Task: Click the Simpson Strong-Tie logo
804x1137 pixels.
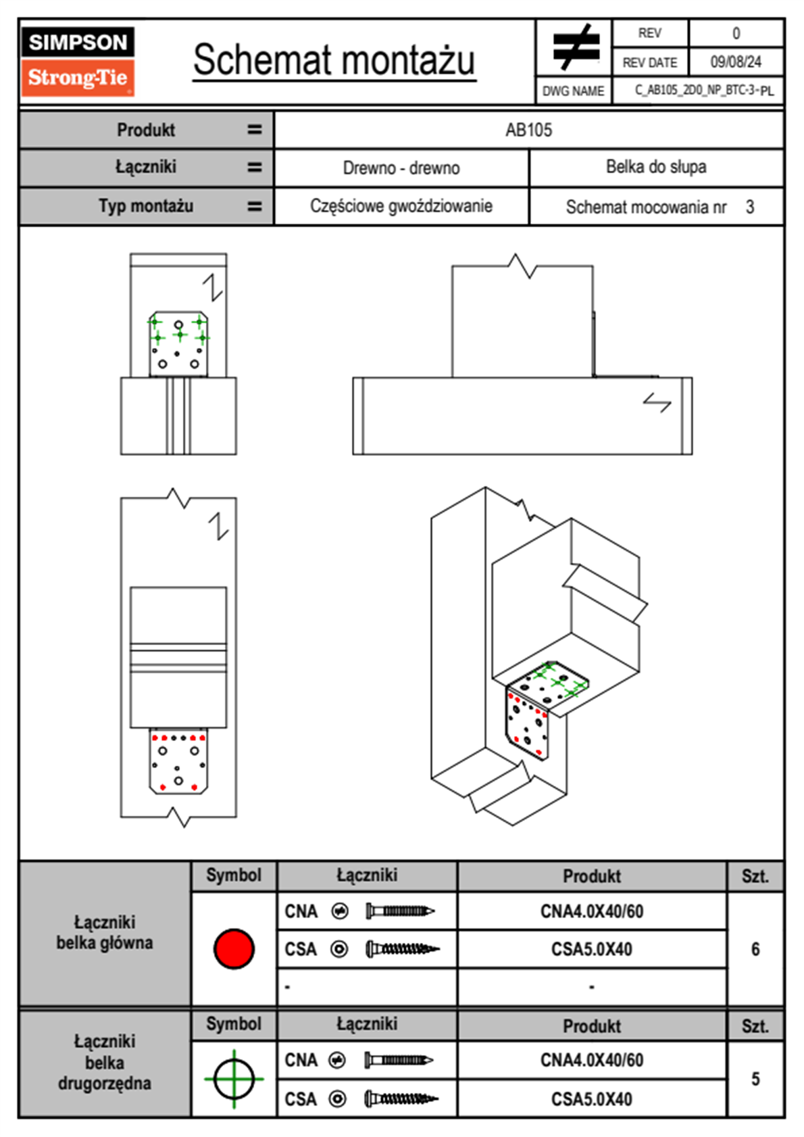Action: pyautogui.click(x=78, y=61)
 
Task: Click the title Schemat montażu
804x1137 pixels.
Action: pyautogui.click(x=334, y=60)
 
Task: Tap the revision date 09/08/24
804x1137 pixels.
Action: pyautogui.click(x=735, y=62)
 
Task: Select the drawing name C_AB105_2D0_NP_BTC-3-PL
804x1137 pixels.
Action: pyautogui.click(x=703, y=91)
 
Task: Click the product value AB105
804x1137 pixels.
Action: pyautogui.click(x=528, y=130)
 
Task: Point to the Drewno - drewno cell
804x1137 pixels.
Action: pyautogui.click(x=401, y=168)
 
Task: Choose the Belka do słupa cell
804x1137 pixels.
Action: pyautogui.click(x=656, y=167)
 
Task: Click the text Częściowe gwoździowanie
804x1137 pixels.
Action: pyautogui.click(x=401, y=206)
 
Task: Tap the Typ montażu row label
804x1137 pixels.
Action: pyautogui.click(x=146, y=206)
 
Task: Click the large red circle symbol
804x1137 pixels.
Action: pyautogui.click(x=234, y=948)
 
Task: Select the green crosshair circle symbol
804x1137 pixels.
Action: pyautogui.click(x=234, y=1079)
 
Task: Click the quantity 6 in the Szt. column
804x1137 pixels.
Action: pyautogui.click(x=755, y=949)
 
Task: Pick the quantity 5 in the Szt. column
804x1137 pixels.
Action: pyautogui.click(x=755, y=1079)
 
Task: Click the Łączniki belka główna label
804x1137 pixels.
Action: pyautogui.click(x=105, y=933)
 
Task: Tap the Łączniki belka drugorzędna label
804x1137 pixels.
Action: pyautogui.click(x=105, y=1063)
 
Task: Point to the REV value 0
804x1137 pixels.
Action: pyautogui.click(x=736, y=33)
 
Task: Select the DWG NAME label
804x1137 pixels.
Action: pyautogui.click(x=574, y=91)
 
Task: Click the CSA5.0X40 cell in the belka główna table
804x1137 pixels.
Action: pyautogui.click(x=592, y=950)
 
